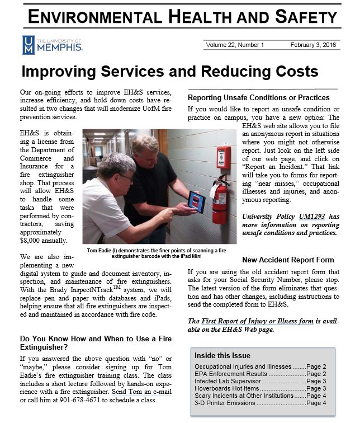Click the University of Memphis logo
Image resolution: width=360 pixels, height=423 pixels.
coord(52,45)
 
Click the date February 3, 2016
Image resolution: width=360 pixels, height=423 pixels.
coord(314,45)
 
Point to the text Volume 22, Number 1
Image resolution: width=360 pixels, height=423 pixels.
coord(235,45)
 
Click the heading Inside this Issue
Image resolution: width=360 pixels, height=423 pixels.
coord(222,355)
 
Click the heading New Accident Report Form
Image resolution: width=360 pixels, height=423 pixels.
coord(288,260)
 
